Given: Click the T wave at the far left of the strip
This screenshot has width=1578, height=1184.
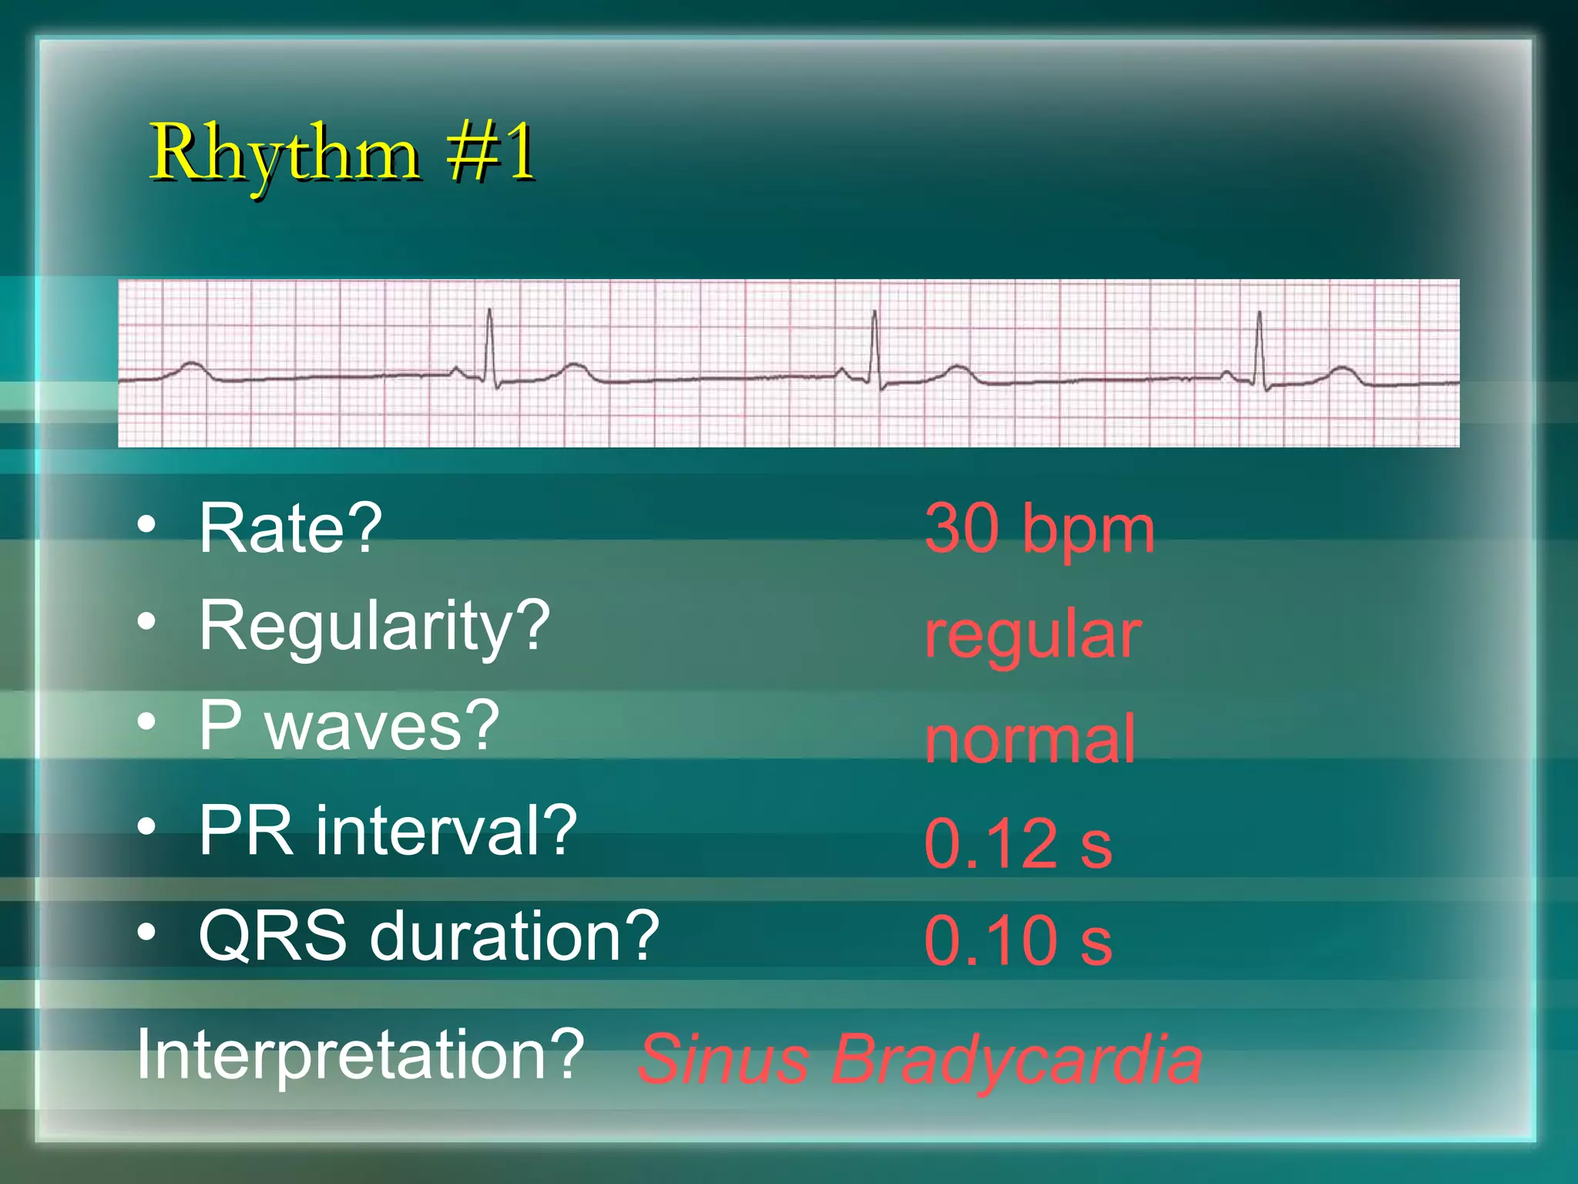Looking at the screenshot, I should pyautogui.click(x=190, y=365).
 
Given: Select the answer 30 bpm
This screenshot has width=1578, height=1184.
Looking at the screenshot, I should pyautogui.click(x=1039, y=530).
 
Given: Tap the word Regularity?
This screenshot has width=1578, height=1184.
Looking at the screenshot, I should pyautogui.click(x=374, y=626).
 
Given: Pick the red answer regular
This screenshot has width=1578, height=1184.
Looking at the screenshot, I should pyautogui.click(x=1032, y=636).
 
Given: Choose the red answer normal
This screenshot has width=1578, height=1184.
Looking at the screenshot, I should pyautogui.click(x=1030, y=739).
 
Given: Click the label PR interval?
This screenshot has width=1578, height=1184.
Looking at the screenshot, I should pyautogui.click(x=388, y=831).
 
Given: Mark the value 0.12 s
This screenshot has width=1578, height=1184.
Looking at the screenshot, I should pyautogui.click(x=1018, y=844).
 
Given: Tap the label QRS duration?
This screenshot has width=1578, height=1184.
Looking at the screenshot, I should pyautogui.click(x=428, y=936).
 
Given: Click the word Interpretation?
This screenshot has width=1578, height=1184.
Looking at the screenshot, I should pyautogui.click(x=361, y=1054).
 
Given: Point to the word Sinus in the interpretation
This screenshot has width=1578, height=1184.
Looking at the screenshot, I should pyautogui.click(x=724, y=1059).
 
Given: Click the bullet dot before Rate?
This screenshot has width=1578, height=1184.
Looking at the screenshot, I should pyautogui.click(x=146, y=525).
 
